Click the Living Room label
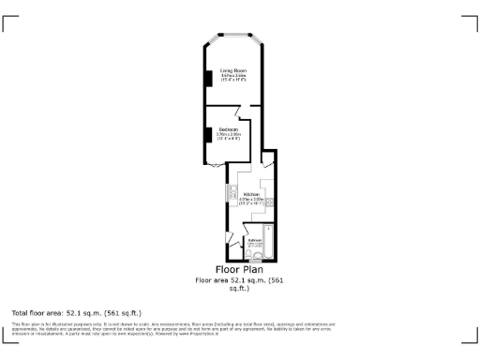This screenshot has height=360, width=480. point(232,70)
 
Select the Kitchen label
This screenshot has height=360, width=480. point(250,194)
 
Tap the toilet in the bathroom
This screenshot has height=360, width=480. point(249,254)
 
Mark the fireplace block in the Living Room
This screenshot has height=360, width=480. point(208,80)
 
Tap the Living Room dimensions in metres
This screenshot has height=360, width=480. point(232,76)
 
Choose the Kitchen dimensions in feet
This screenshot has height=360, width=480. point(250,203)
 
